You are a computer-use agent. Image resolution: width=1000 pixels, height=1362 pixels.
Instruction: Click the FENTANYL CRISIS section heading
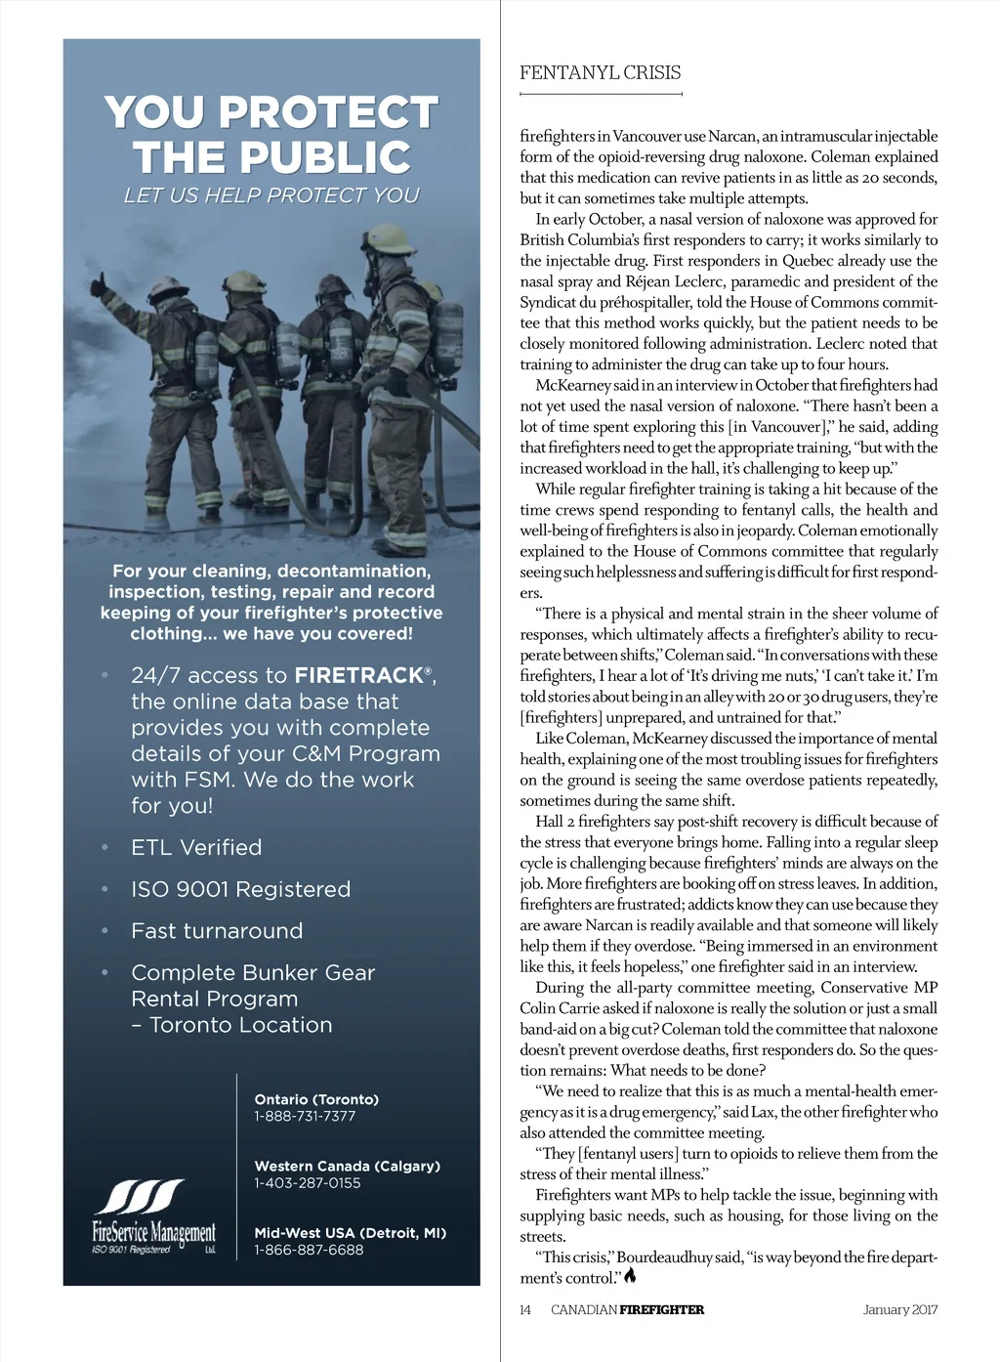[x=600, y=72]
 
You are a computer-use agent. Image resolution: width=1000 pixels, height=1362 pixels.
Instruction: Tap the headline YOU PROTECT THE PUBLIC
[x=271, y=135]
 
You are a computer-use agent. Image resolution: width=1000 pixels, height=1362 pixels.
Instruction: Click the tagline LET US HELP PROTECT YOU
[x=271, y=195]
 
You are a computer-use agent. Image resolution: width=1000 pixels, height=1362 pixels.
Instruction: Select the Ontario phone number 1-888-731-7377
[x=305, y=1116]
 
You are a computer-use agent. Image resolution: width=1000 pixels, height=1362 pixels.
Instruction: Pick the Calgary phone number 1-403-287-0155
[x=308, y=1182]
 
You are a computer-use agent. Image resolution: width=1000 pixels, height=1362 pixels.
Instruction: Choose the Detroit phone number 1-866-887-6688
[x=309, y=1250]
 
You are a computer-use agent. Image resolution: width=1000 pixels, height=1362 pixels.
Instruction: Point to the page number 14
[x=525, y=1309]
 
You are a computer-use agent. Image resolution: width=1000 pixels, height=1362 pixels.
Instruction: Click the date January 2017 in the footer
[x=899, y=1309]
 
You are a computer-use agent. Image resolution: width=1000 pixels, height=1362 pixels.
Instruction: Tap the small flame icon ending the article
[x=630, y=1276]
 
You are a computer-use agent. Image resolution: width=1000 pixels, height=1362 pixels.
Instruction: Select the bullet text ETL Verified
[x=196, y=847]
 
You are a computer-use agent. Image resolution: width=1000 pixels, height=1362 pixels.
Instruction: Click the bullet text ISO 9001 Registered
[x=240, y=889]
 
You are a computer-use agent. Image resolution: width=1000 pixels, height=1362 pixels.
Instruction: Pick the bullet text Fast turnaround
[x=217, y=931]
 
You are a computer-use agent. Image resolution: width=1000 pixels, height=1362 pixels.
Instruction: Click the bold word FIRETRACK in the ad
[x=357, y=675]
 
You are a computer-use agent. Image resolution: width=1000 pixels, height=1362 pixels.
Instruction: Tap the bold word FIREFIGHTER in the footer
[x=661, y=1309]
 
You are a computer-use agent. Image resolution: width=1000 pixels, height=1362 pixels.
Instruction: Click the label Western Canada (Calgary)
[x=347, y=1166]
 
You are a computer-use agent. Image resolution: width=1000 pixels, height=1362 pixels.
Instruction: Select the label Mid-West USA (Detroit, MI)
[x=350, y=1233]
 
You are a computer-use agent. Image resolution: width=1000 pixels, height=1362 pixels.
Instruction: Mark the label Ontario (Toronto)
[x=316, y=1099]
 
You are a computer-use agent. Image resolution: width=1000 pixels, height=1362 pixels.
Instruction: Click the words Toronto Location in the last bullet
[x=240, y=1025]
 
